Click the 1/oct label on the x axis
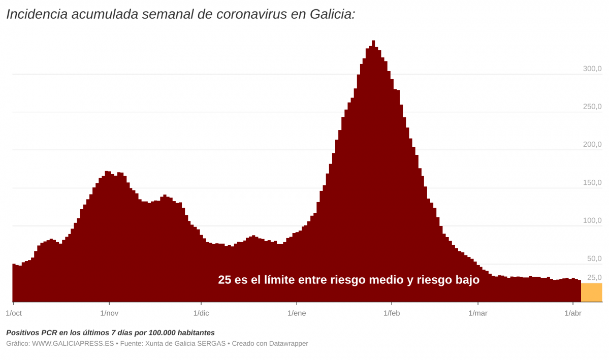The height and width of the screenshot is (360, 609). (x=14, y=313)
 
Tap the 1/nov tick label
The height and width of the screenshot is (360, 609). (x=109, y=313)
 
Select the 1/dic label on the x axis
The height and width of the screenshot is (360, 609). (x=201, y=313)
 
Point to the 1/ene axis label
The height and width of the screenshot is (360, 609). (x=297, y=313)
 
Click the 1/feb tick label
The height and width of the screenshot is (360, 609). (x=392, y=313)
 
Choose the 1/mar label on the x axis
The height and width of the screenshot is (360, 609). (x=477, y=313)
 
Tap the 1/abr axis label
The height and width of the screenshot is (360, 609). (x=573, y=313)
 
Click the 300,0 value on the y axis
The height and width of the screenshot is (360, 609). (x=592, y=69)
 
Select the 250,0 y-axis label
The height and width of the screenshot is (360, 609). (x=592, y=107)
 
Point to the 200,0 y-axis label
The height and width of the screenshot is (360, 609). (x=592, y=145)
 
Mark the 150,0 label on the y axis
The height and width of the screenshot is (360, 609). (x=592, y=183)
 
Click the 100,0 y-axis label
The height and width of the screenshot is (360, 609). (x=592, y=221)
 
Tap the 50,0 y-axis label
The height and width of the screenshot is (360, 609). (x=594, y=259)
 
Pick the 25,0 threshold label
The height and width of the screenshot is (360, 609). (x=594, y=278)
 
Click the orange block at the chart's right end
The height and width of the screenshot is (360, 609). (x=591, y=292)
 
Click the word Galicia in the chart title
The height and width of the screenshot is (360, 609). (x=331, y=14)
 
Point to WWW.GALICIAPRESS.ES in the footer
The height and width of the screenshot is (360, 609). (x=73, y=344)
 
